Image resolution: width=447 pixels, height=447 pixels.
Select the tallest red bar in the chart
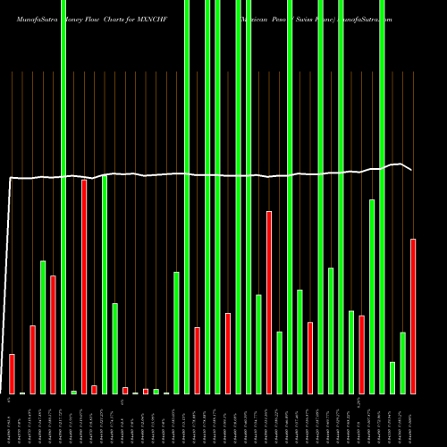[x=84, y=286]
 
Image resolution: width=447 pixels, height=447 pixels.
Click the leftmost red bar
[x=12, y=374]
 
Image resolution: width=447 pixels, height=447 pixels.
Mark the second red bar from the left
[x=32, y=359]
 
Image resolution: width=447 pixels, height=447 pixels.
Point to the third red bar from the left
[x=53, y=334]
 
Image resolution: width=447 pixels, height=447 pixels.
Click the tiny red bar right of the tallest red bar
[x=94, y=389]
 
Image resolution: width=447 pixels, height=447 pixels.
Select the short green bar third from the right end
[x=392, y=377]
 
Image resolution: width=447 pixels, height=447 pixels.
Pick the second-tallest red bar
[x=269, y=302]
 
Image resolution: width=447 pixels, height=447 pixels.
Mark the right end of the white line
[x=412, y=170]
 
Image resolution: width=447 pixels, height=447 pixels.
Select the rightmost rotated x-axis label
[x=413, y=420]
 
